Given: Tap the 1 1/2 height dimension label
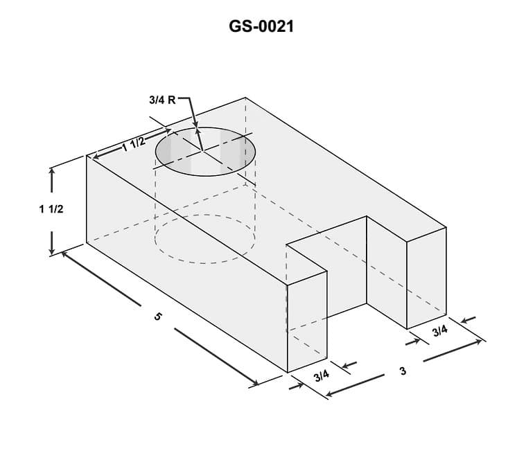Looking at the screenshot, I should pos(51,208).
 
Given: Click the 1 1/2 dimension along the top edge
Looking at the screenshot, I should pos(133,144).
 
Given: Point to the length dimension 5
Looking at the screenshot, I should pos(158,317).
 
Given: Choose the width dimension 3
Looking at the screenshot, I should pos(403,371).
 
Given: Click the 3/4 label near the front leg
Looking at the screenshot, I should pos(321,376).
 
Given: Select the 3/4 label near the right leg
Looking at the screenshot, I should pos(440,330).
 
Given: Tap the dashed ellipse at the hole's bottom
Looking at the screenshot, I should pos(204,239).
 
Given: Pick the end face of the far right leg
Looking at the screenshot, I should pos(426,277).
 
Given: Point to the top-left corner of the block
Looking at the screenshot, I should pos(87,156).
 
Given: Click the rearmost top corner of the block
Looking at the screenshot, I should pos(245,98).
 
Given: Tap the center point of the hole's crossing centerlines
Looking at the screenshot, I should pos(202,150).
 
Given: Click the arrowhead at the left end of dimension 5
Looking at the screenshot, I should pos(64,254).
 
